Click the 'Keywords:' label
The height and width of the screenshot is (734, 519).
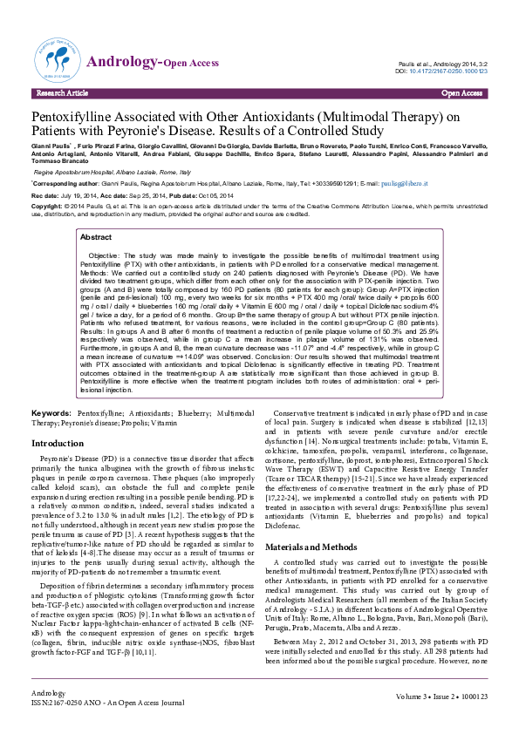(x=51, y=411)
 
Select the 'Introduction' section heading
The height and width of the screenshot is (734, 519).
(x=58, y=444)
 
